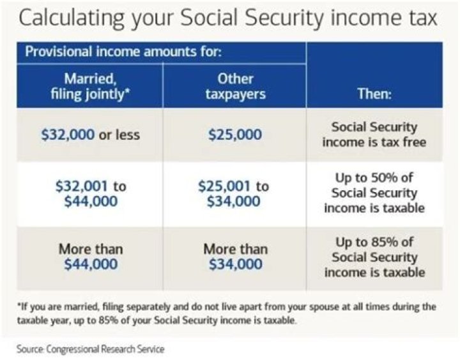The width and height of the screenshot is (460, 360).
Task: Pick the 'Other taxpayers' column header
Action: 236,89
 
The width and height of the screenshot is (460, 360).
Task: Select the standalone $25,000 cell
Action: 235,135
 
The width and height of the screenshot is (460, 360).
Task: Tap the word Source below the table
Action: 31,349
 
